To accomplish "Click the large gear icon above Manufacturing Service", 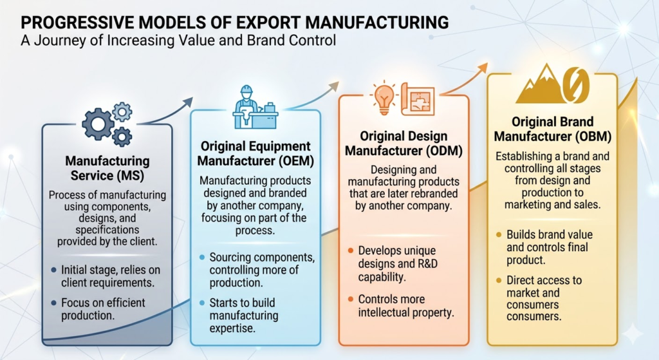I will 98,124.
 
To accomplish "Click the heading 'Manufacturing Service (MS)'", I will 107,167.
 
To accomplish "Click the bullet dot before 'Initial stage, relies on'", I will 53,270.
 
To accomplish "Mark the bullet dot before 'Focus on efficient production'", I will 53,303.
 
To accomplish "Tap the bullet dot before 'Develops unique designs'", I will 350,250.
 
